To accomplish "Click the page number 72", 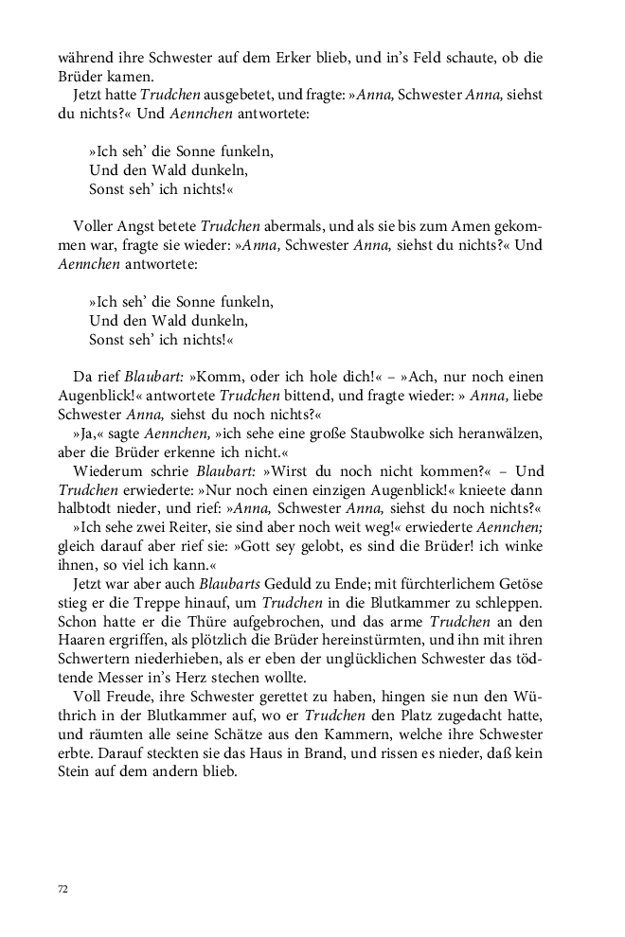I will (x=63, y=889).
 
